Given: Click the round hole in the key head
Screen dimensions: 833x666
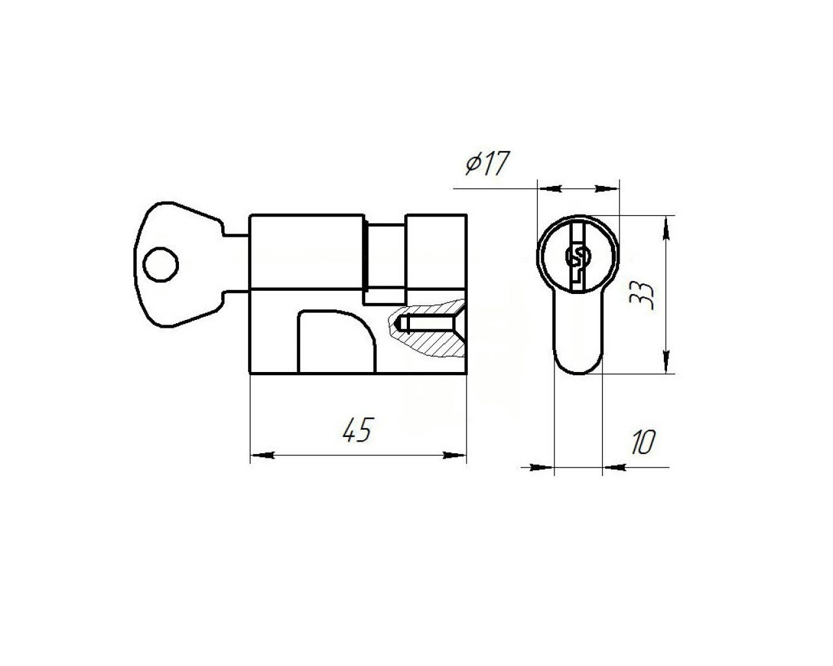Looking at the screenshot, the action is click(x=161, y=265).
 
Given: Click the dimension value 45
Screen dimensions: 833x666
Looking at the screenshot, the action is click(x=357, y=430).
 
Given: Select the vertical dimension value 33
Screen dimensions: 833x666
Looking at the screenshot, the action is click(x=642, y=295).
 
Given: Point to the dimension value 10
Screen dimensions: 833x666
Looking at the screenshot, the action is click(x=643, y=442).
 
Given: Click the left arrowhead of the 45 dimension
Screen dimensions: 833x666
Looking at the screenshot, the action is click(x=263, y=455).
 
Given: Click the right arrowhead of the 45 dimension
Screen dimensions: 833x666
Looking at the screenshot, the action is click(x=454, y=455).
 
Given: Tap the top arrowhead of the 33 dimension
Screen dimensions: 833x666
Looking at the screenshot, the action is click(x=666, y=229).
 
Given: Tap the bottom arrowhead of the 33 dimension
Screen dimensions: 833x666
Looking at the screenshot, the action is click(x=666, y=362).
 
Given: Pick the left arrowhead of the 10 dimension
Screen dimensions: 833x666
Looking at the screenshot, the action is click(x=542, y=468).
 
